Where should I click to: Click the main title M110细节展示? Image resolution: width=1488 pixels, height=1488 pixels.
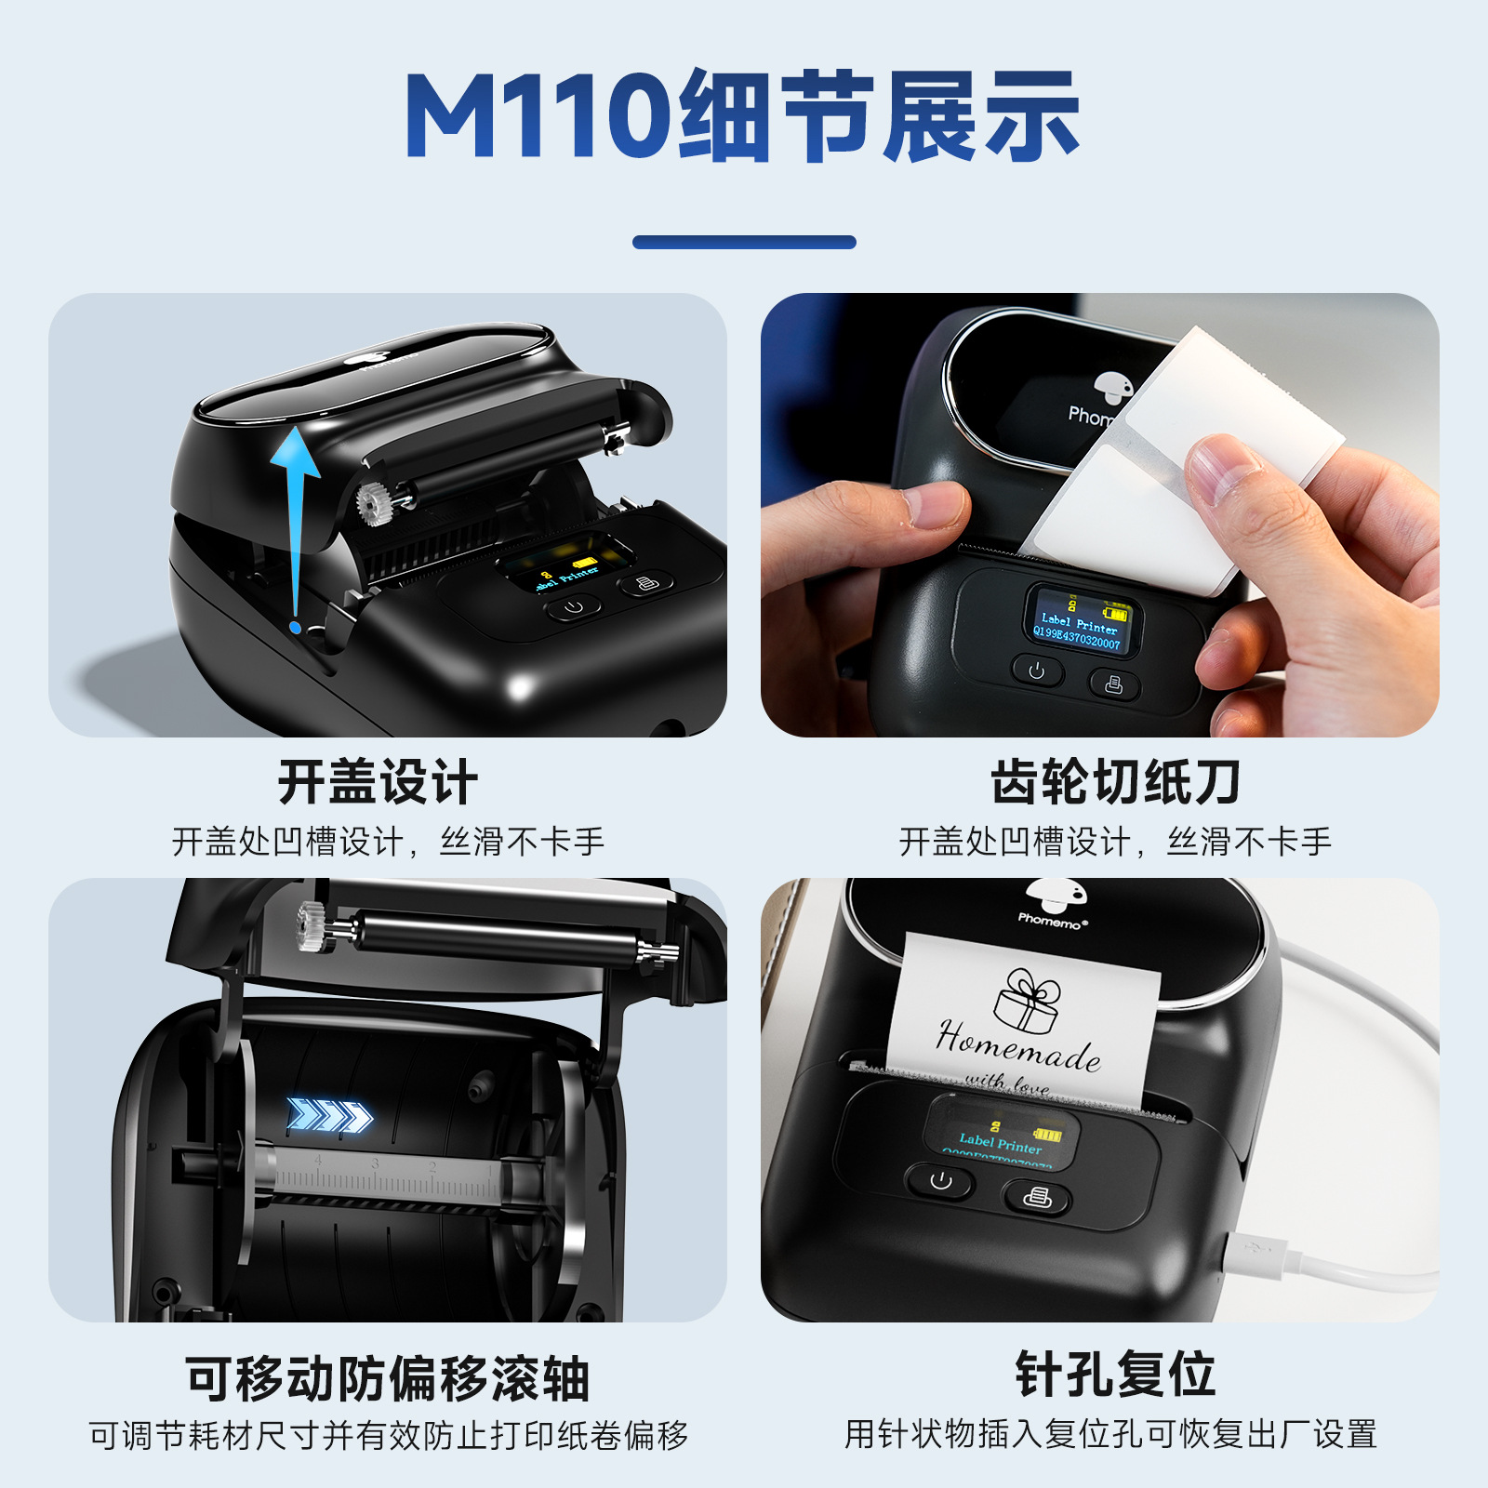tap(742, 116)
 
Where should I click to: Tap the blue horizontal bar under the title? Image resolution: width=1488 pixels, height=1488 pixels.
tap(744, 242)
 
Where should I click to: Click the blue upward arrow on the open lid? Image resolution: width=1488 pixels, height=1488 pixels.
tap(296, 521)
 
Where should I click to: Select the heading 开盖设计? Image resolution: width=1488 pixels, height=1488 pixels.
tap(378, 782)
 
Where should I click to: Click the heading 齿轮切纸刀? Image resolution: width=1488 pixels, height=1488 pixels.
tap(1114, 782)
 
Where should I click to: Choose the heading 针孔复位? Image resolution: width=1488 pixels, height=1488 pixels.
tap(1114, 1375)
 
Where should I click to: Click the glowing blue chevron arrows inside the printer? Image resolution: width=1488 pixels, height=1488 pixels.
tap(329, 1114)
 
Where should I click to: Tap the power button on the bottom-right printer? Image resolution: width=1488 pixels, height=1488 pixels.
tap(940, 1182)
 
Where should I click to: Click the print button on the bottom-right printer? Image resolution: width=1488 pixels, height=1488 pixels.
tap(1037, 1197)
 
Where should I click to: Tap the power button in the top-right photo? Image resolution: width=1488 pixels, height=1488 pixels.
tap(1036, 671)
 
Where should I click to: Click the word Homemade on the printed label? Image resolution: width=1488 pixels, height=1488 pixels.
tap(1018, 1045)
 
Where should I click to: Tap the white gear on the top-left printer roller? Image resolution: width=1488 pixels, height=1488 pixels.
tap(373, 505)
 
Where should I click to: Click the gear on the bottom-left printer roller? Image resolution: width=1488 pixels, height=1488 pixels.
tap(314, 927)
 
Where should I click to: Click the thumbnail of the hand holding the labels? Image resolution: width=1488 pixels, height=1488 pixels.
tap(1099, 514)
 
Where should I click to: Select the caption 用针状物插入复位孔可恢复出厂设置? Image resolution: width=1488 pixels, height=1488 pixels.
tap(1110, 1434)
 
